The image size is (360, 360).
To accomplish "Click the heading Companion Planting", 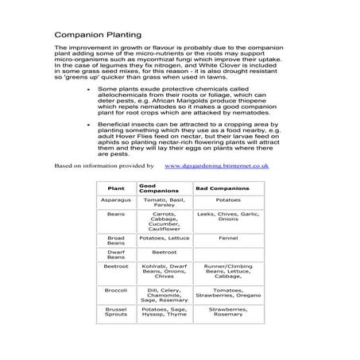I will [x=98, y=35].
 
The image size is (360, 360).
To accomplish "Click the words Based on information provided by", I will [x=103, y=165].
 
